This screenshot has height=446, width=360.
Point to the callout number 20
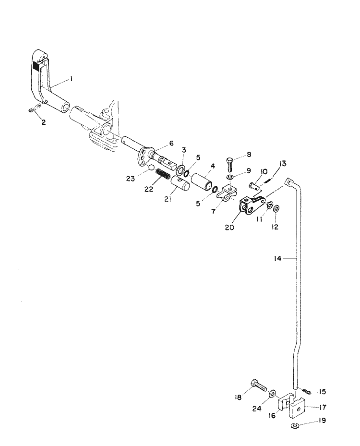(x=229, y=228)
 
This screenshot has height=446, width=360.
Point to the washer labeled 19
(x=294, y=425)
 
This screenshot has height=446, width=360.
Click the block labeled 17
(x=300, y=409)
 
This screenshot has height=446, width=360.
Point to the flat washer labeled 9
(x=229, y=178)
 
